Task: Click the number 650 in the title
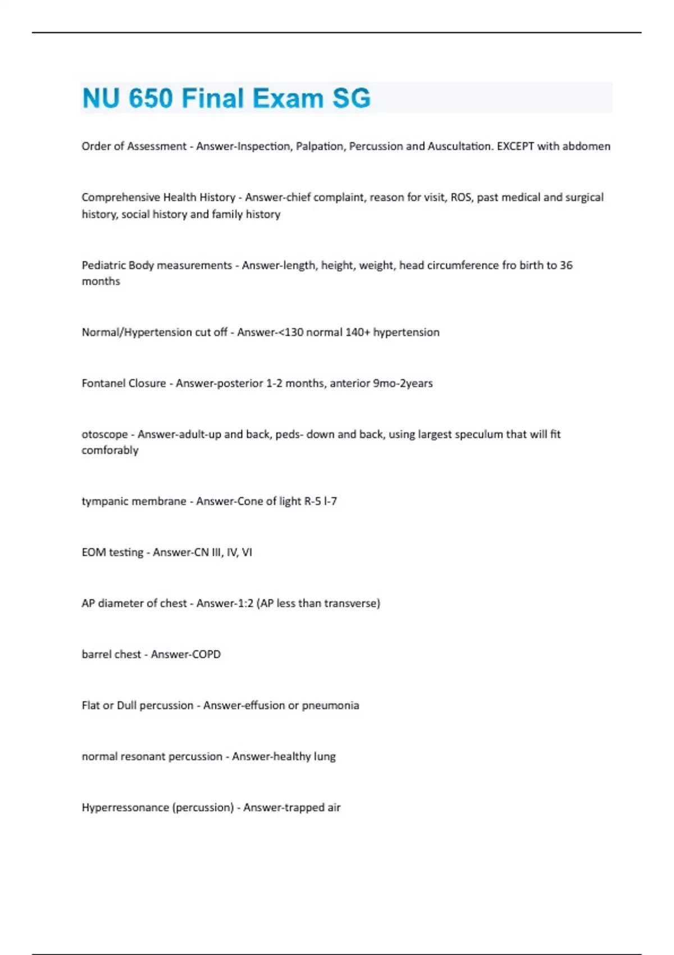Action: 151,98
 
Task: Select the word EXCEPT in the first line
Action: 515,146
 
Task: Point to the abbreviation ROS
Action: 461,197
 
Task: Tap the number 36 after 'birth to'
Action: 566,265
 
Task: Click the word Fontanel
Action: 103,383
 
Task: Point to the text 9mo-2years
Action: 403,383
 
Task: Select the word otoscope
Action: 104,434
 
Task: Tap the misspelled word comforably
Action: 110,450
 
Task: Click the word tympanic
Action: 104,501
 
